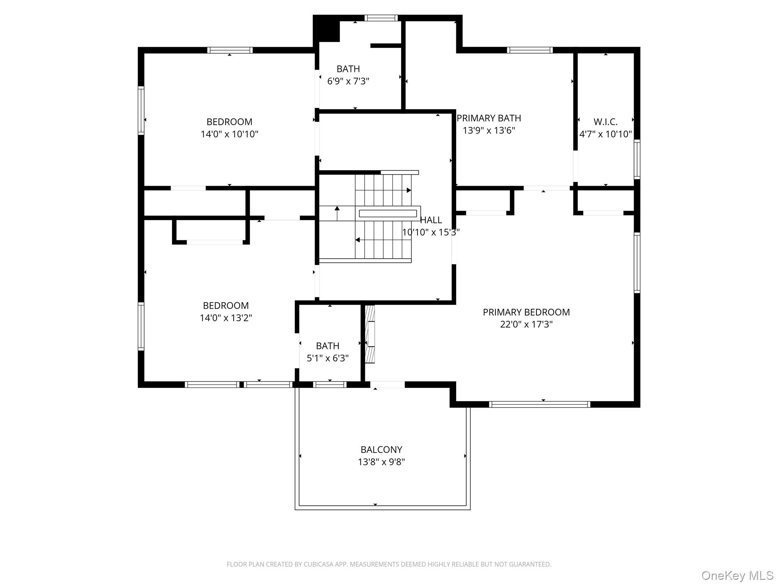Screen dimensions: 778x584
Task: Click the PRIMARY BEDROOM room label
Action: point(526,312)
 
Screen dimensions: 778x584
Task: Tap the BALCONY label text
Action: point(381,450)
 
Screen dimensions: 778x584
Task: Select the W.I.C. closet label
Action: point(606,122)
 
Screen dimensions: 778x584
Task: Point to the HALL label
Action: point(431,220)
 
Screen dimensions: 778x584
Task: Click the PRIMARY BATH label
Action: point(489,118)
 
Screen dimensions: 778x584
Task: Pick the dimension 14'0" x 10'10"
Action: point(229,134)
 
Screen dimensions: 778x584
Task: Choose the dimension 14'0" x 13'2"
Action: point(226,318)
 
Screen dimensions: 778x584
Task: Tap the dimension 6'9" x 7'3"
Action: point(348,81)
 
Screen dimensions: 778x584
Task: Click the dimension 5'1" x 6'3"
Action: point(327,358)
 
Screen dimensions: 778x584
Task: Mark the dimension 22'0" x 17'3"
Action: point(526,324)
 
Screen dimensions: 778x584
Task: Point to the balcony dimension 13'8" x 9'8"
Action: point(381,462)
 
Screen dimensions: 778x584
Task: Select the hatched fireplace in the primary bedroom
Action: point(370,334)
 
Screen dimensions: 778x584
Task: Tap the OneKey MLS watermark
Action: point(737,576)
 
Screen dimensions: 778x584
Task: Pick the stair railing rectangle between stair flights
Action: point(388,213)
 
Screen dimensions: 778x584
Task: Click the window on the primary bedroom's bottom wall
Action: point(539,405)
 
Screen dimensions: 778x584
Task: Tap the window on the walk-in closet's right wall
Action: point(637,159)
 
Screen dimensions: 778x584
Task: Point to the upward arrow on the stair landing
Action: point(337,213)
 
